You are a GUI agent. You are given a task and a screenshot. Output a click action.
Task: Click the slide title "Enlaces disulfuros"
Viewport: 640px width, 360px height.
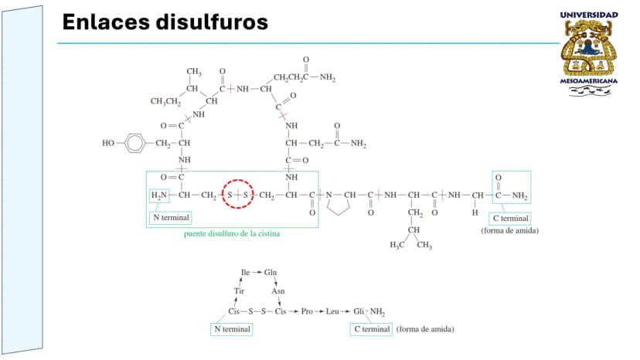[165, 22]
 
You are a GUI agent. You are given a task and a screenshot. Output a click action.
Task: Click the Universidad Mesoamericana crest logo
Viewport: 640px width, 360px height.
[588, 54]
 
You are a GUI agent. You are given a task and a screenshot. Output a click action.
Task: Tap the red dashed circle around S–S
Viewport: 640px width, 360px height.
[238, 179]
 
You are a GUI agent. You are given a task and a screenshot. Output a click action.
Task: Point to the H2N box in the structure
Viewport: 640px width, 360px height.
[159, 195]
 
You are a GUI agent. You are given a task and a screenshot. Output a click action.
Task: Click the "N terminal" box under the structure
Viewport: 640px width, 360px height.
[171, 218]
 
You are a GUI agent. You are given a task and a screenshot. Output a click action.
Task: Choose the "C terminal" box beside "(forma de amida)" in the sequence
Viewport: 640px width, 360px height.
[371, 329]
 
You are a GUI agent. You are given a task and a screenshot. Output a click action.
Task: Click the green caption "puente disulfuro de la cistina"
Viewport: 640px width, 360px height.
[232, 234]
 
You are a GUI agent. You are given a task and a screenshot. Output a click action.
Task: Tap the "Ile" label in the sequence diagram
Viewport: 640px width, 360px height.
[245, 272]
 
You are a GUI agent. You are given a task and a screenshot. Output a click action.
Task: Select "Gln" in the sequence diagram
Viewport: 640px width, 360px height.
[271, 272]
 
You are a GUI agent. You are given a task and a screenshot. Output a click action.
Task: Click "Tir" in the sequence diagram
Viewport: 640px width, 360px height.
[239, 291]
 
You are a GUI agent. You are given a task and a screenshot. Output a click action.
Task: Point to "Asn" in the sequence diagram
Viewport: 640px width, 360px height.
[278, 291]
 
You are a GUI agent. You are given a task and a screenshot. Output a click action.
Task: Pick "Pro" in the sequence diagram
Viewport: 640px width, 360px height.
[307, 311]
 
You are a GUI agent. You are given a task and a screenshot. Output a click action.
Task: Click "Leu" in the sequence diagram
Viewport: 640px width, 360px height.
[332, 311]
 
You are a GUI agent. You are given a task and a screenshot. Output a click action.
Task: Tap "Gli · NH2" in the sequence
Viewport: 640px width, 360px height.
[369, 312]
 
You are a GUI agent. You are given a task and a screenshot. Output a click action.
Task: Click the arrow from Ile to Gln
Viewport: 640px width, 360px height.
[257, 272]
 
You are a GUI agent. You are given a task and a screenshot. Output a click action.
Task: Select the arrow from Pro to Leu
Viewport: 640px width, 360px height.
[319, 311]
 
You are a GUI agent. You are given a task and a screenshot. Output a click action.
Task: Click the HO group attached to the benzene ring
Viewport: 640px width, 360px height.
[108, 143]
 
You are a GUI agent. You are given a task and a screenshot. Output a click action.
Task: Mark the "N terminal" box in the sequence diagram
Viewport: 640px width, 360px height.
[232, 329]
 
